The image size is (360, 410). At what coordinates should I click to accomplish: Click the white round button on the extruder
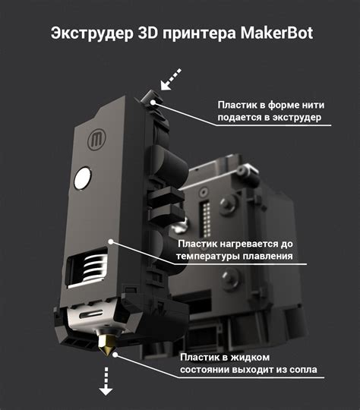[81, 178]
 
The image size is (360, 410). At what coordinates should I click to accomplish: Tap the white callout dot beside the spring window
[111, 241]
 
